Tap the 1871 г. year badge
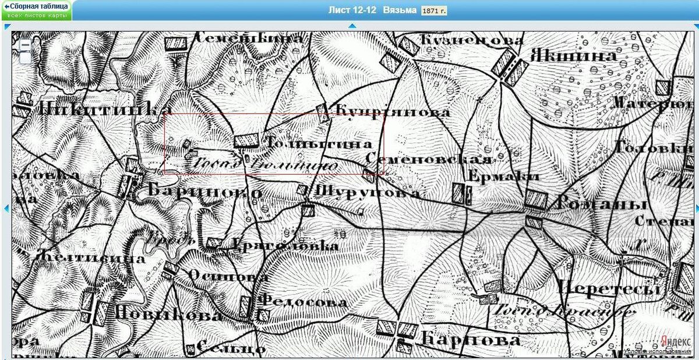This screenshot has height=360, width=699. pos(435,10)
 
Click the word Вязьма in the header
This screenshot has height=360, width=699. pos(400,10)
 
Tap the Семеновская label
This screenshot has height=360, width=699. pos(429,159)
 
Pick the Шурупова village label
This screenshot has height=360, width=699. pos(368,192)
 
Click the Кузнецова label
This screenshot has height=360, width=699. pos(471,40)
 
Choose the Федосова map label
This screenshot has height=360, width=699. pos(302,302)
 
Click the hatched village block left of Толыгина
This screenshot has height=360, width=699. pos(246,141)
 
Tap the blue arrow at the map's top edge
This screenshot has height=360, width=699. pos(352,26)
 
